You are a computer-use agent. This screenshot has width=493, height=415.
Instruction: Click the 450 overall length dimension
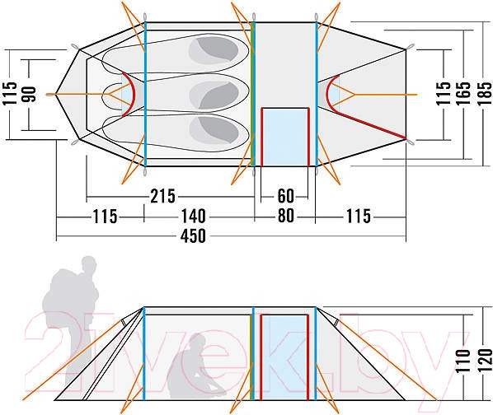[x=193, y=235]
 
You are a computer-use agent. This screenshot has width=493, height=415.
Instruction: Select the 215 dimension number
[x=162, y=197]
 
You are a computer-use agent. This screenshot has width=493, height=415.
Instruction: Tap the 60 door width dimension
[x=285, y=197]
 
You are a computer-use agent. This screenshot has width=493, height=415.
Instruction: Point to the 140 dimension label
[x=193, y=217]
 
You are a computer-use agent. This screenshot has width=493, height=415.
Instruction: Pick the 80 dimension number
[x=286, y=216]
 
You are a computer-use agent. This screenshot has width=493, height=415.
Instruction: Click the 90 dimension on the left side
[x=29, y=95]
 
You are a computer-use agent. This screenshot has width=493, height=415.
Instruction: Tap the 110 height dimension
[x=462, y=361]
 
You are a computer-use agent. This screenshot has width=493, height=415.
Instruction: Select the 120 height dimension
[x=485, y=361]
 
